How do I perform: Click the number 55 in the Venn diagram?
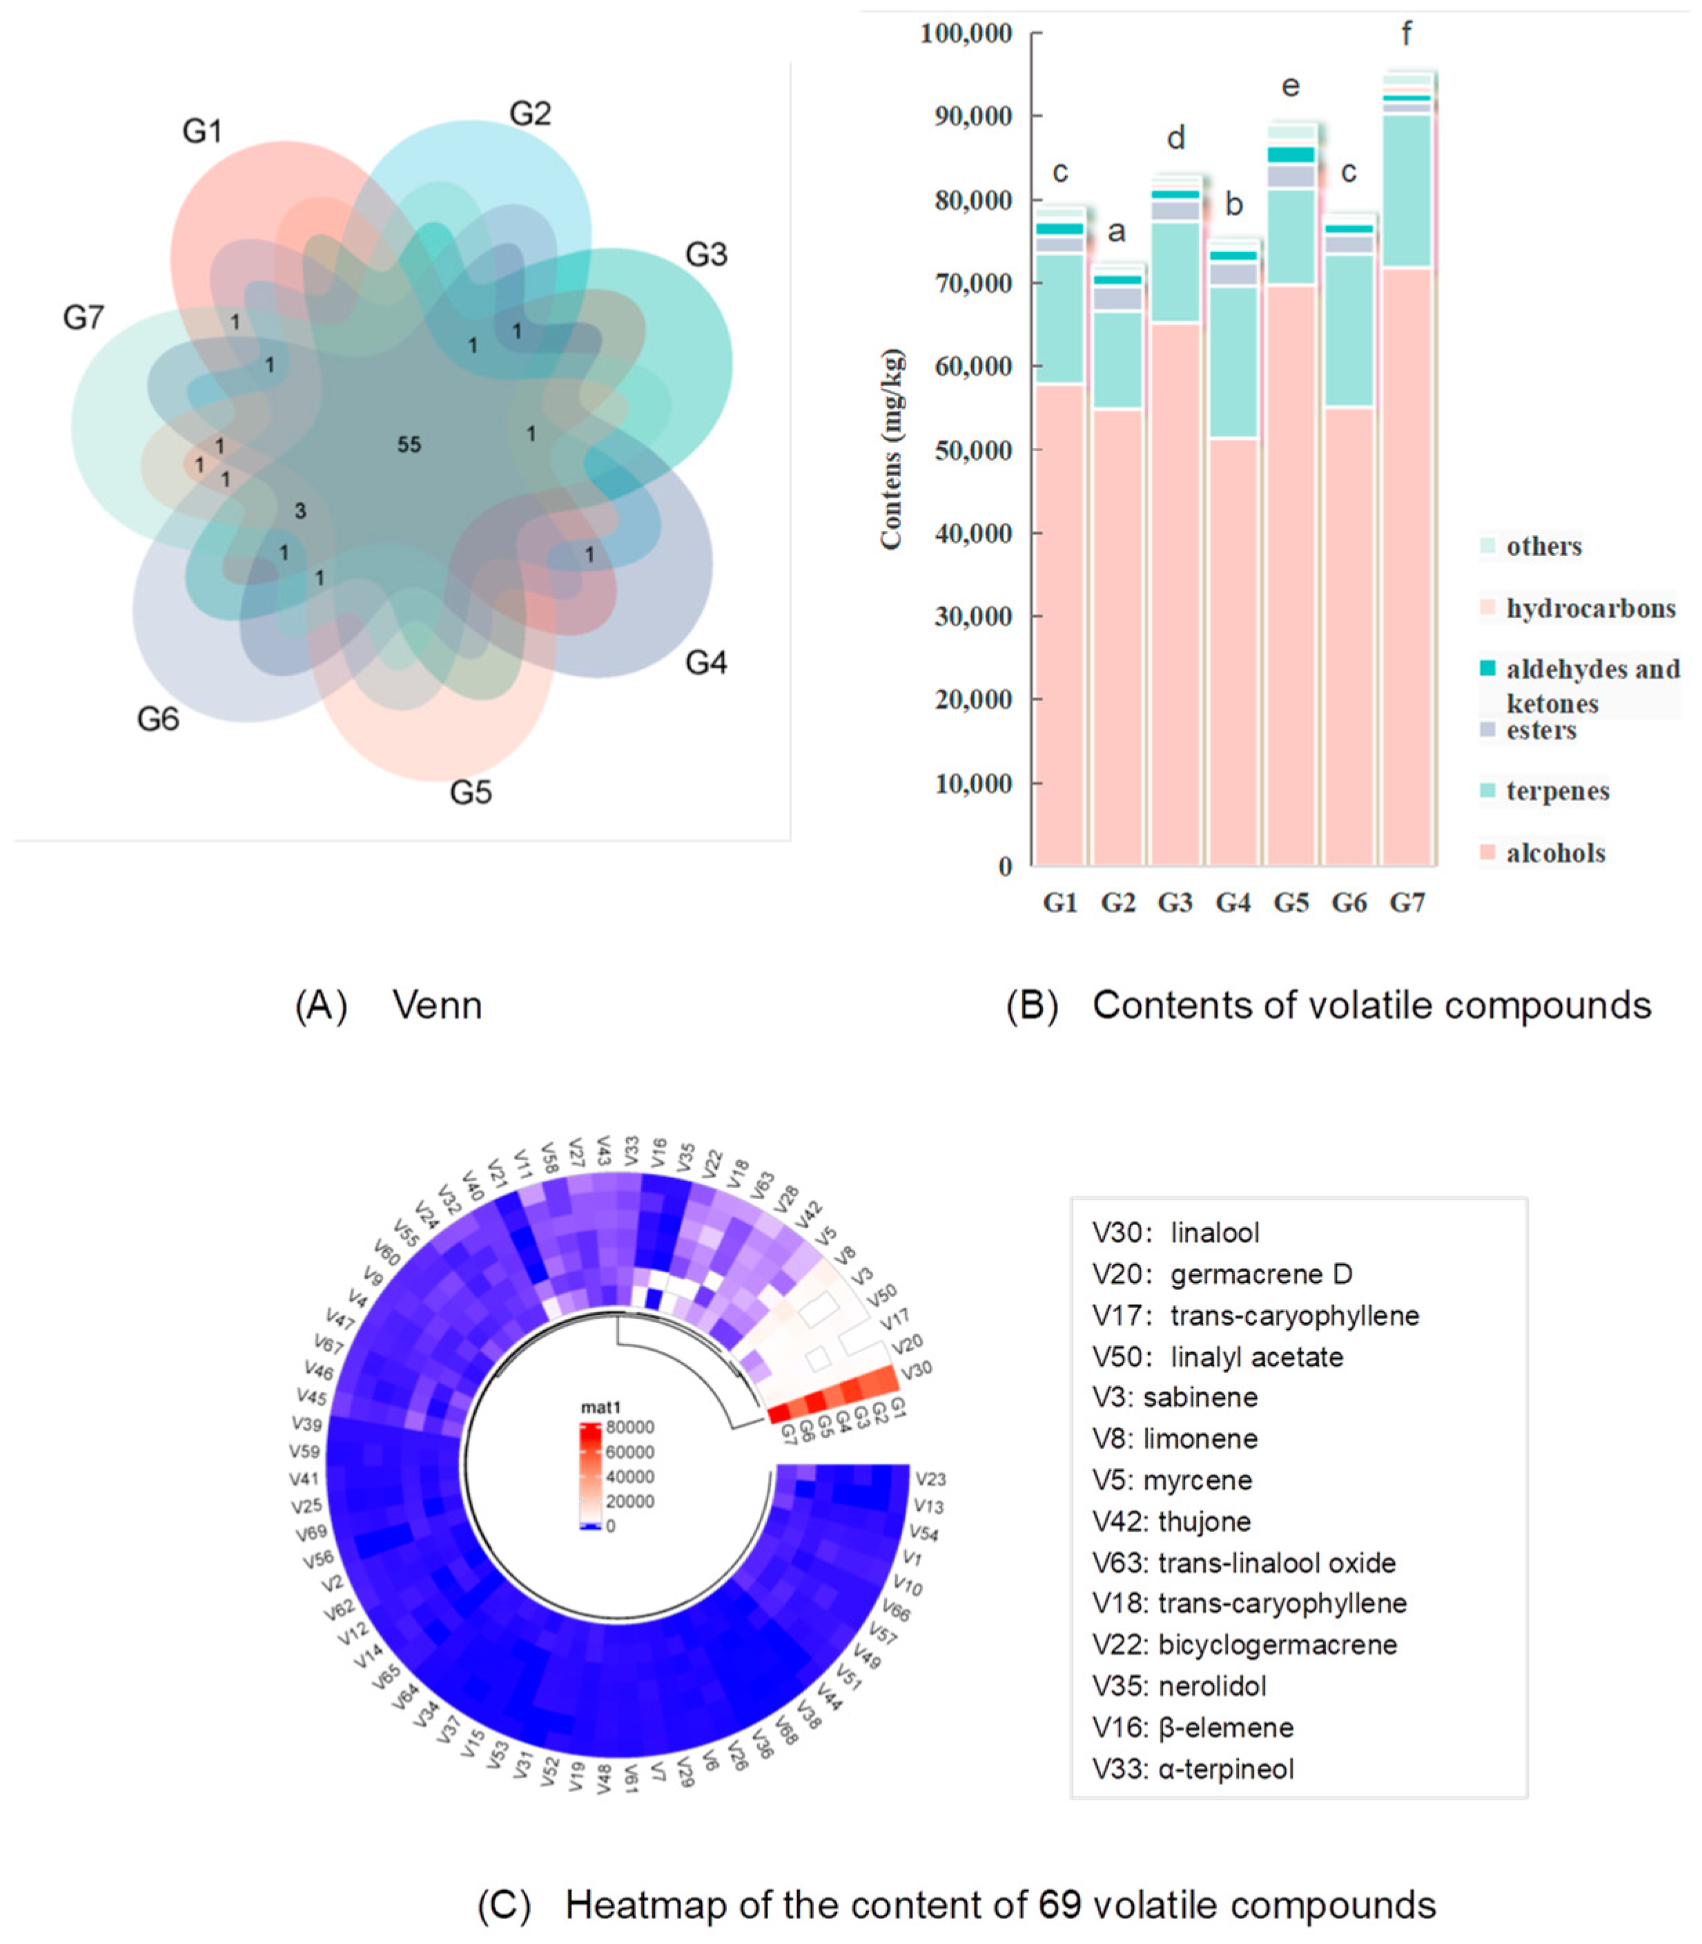[x=409, y=445]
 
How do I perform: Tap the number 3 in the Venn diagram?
[x=300, y=511]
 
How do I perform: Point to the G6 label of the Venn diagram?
[x=157, y=720]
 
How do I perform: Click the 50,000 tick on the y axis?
[x=974, y=450]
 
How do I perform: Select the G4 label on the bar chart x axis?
[x=1233, y=903]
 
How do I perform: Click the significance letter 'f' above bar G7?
[x=1407, y=35]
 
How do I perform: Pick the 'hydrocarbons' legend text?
[x=1591, y=608]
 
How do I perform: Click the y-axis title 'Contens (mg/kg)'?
[x=891, y=450]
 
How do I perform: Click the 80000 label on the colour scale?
[x=631, y=1428]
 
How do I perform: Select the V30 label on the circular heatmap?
[x=916, y=1370]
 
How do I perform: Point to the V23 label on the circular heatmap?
[x=930, y=1479]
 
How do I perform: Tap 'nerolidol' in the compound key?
[x=1212, y=1686]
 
